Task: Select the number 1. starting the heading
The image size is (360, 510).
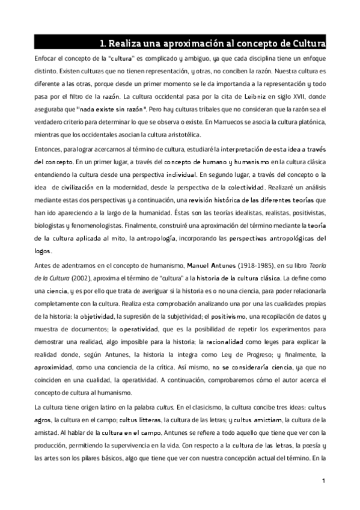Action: [103, 43]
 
